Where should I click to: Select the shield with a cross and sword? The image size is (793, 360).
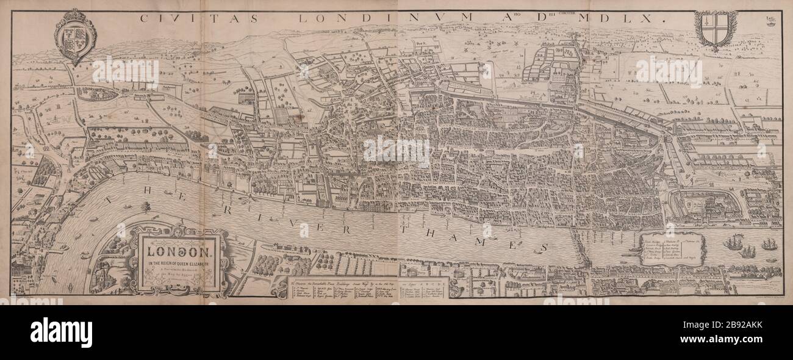(x=716, y=29)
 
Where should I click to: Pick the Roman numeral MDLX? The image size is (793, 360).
(x=629, y=18)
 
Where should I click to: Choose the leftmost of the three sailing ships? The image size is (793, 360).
(x=733, y=243)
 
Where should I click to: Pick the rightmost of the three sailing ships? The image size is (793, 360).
(x=768, y=245)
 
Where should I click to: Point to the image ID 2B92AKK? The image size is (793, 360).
(x=752, y=333)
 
